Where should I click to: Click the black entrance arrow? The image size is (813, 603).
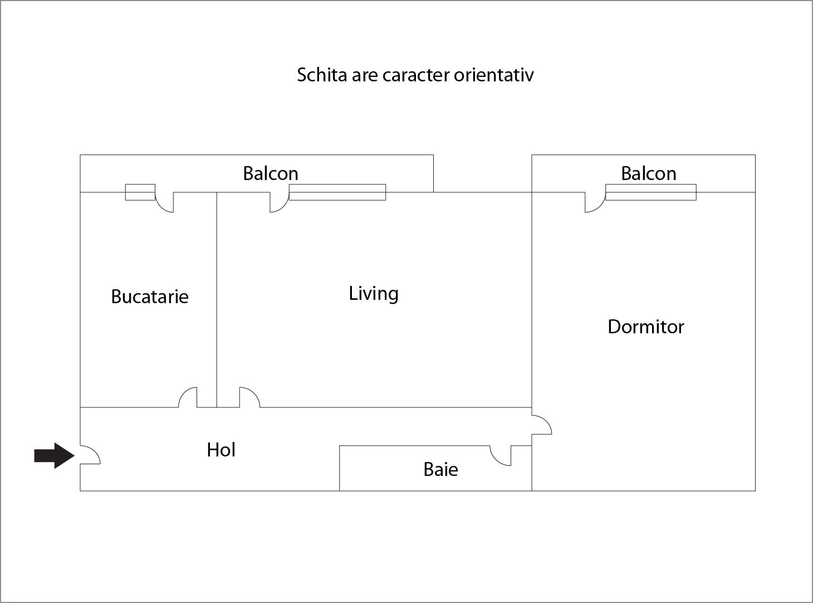pyautogui.click(x=54, y=456)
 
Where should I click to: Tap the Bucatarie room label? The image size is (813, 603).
pyautogui.click(x=150, y=296)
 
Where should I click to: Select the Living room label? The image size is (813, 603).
pyautogui.click(x=374, y=294)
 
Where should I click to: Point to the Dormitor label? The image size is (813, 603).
pyautogui.click(x=646, y=327)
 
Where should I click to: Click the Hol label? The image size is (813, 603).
pyautogui.click(x=221, y=450)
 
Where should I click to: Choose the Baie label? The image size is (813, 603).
pyautogui.click(x=440, y=469)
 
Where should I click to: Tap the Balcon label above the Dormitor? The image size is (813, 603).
pyautogui.click(x=648, y=173)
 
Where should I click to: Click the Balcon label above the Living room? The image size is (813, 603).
pyautogui.click(x=271, y=173)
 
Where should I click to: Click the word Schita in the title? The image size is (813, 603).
pyautogui.click(x=322, y=75)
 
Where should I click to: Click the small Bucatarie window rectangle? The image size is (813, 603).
pyautogui.click(x=140, y=192)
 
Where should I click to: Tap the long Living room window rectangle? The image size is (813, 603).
pyautogui.click(x=337, y=192)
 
